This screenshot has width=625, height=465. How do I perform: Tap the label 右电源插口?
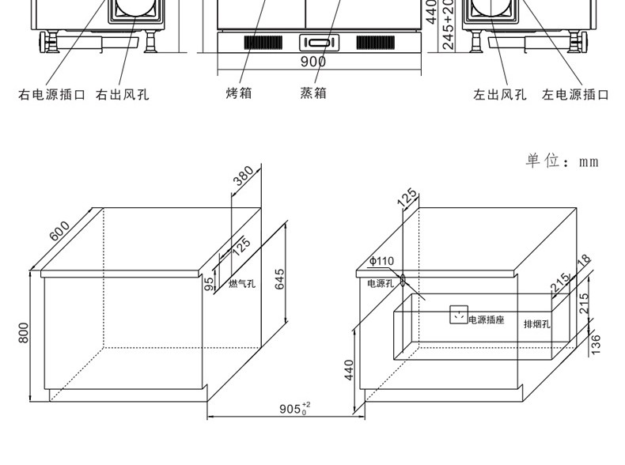point(51,95)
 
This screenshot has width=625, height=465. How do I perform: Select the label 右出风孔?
point(123,95)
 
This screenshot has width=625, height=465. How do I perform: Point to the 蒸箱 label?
point(312,93)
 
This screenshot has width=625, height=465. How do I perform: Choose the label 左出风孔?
point(500,95)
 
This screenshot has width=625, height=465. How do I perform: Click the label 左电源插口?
point(575,95)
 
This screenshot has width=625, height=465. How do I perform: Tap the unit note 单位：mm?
point(562,161)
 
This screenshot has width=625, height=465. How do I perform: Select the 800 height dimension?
point(24,335)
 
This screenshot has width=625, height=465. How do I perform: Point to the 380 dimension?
point(243,183)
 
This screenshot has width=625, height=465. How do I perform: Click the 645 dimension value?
point(279,279)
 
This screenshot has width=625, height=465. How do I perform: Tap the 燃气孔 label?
point(242,284)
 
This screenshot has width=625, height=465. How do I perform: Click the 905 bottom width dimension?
point(294,410)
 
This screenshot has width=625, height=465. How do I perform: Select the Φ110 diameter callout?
point(381,261)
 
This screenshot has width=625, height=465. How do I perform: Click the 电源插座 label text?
point(486,320)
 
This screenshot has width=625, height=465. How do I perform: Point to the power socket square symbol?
point(458,315)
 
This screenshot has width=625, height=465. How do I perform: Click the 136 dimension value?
point(596,343)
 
